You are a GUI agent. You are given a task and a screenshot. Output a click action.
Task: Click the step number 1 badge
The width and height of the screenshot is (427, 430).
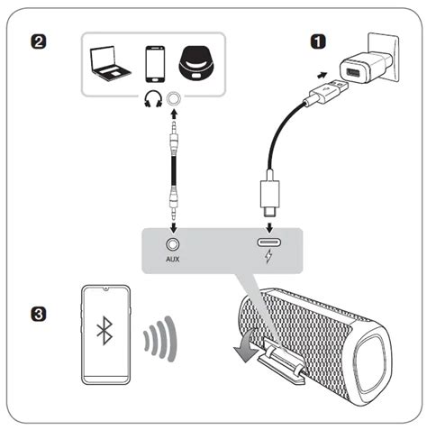pos(318,41)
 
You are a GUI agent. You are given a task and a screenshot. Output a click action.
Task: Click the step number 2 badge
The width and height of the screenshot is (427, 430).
pos(39,41)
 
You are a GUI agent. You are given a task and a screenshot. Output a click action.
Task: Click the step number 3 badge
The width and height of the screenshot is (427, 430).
pos(39,314)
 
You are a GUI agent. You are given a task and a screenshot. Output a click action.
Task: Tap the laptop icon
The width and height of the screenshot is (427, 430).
pos(110,63)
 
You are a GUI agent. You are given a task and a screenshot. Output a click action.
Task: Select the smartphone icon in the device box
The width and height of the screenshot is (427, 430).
pos(155,64)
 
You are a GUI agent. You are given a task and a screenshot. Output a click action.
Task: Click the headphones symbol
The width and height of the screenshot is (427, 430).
pos(153,99)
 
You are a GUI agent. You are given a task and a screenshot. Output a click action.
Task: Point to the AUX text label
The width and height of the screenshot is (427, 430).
pos(173,259)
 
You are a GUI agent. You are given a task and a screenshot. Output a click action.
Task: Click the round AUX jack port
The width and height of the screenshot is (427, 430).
pos(173,244)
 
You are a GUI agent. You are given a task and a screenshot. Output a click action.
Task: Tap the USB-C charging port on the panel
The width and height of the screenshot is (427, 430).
pos(269,242)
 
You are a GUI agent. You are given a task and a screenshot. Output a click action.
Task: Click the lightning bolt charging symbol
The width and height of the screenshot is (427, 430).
pos(268,256)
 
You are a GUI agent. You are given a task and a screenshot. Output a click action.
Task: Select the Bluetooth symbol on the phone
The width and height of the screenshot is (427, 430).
pos(104,331)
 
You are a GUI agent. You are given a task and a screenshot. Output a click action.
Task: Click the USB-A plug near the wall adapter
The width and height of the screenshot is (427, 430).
pos(327,91)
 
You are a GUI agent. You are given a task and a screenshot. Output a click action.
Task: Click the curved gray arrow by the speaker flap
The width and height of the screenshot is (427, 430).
pos(245,346)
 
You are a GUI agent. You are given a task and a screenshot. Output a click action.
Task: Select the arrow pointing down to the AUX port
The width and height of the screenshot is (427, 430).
pos(173,227)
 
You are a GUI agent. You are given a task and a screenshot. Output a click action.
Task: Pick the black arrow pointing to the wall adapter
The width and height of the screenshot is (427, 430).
pos(323,75)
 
